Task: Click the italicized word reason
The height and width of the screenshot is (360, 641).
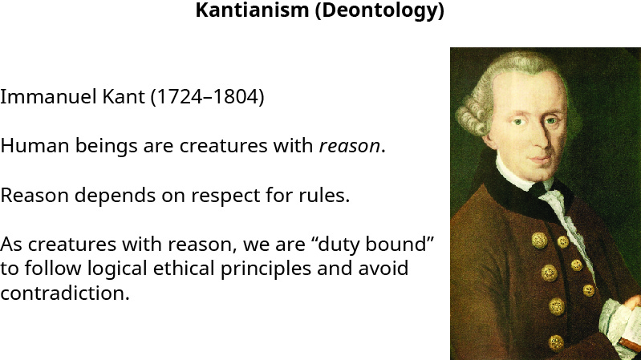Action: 349,147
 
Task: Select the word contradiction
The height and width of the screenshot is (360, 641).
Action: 64,293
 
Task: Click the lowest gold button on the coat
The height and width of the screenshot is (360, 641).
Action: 555,342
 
